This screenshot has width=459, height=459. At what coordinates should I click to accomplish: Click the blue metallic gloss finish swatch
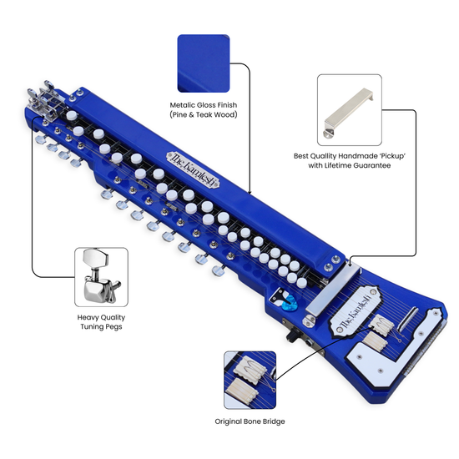(204, 63)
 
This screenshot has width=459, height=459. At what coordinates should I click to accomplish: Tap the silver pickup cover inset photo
(349, 110)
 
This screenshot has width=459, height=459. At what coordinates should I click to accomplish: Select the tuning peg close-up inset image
(101, 277)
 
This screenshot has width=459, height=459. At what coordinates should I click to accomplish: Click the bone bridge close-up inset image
(250, 380)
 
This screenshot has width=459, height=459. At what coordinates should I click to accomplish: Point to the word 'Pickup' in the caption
(393, 156)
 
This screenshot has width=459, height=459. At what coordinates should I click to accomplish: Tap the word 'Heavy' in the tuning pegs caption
(87, 318)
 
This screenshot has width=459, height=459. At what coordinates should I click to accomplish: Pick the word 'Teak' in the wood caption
(204, 115)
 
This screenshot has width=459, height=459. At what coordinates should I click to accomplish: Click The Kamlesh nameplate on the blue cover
(193, 169)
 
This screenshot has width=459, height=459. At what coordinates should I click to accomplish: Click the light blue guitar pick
(290, 303)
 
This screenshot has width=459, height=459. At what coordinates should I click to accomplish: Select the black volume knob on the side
(293, 335)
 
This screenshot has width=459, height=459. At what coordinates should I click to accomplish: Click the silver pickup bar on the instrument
(331, 290)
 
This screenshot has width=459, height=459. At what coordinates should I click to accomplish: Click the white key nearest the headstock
(72, 115)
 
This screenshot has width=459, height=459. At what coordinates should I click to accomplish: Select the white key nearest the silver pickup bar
(301, 283)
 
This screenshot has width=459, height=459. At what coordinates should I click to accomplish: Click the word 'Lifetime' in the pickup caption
(337, 165)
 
